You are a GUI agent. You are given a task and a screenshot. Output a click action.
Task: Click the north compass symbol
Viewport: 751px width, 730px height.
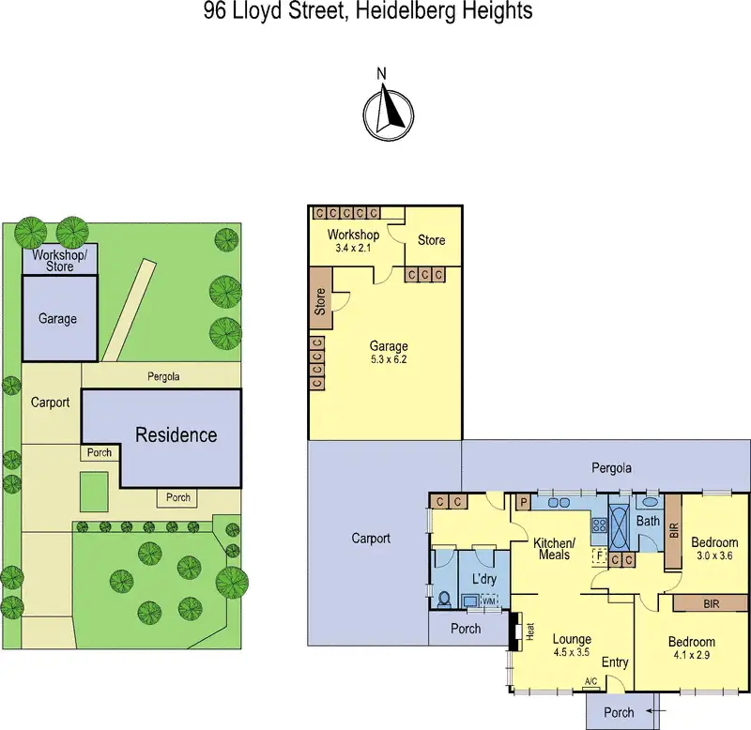point(388,113)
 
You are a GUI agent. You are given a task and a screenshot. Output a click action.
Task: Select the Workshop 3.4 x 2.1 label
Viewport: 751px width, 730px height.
point(353,241)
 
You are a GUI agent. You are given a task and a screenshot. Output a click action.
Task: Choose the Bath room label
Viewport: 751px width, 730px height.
point(649,521)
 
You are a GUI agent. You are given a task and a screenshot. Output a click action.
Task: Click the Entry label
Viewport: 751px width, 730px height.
point(615,662)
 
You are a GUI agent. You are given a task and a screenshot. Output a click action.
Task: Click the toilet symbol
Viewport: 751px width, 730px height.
point(444,597)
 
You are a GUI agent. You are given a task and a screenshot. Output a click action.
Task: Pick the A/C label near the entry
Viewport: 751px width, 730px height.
point(590,681)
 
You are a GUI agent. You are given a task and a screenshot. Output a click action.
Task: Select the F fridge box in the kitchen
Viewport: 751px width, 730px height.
point(598,555)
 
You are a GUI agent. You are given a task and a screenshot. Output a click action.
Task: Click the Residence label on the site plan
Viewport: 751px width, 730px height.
point(176,435)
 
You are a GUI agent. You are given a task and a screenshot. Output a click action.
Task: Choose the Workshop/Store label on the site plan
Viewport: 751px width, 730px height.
point(59,260)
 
